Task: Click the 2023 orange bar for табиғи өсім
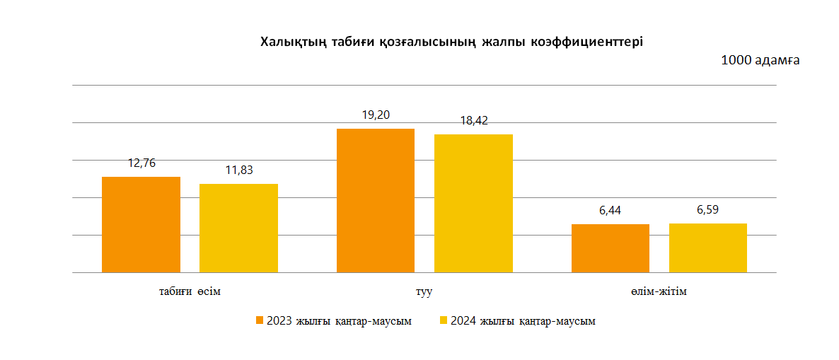[x=141, y=224]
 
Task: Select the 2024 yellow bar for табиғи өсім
[x=238, y=228]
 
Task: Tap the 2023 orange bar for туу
[x=376, y=200]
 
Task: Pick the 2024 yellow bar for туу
[x=473, y=203]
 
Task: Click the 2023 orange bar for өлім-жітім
[x=610, y=248]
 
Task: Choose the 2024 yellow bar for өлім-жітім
[x=707, y=248]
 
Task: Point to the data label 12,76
[x=141, y=163]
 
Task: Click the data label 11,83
[x=239, y=170]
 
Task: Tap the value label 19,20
[x=376, y=115]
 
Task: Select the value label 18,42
[x=473, y=121]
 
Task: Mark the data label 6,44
[x=611, y=211]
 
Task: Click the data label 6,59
[x=707, y=210]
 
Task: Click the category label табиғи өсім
[x=190, y=291]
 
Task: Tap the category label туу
[x=424, y=291]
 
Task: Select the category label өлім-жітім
[x=659, y=291]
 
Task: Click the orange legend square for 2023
[x=260, y=321]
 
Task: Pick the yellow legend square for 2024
[x=444, y=321]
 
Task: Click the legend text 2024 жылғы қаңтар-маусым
[x=523, y=321]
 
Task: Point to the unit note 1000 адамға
[x=760, y=60]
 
